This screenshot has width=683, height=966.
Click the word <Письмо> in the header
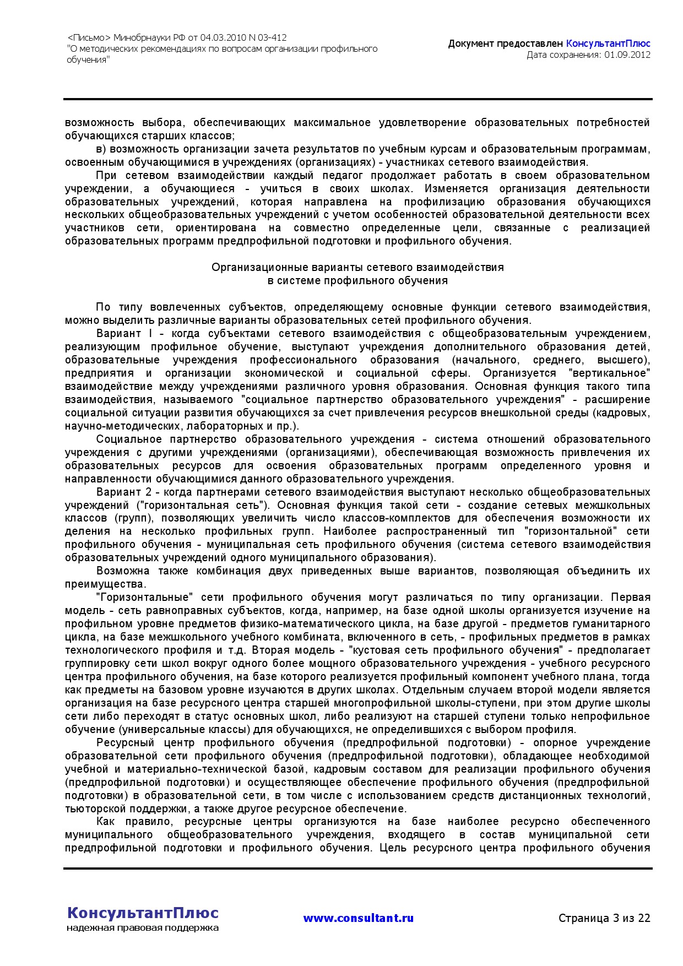[x=89, y=38]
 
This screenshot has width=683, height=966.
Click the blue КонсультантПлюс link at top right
[x=608, y=44]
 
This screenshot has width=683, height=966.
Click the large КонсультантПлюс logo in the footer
[x=143, y=913]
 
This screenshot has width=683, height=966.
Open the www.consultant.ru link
[x=358, y=918]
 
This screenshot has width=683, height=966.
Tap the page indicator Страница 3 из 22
[x=604, y=918]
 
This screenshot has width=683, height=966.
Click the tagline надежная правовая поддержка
[x=143, y=928]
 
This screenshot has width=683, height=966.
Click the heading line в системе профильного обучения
[x=357, y=281]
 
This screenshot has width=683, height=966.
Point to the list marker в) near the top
[x=101, y=149]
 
